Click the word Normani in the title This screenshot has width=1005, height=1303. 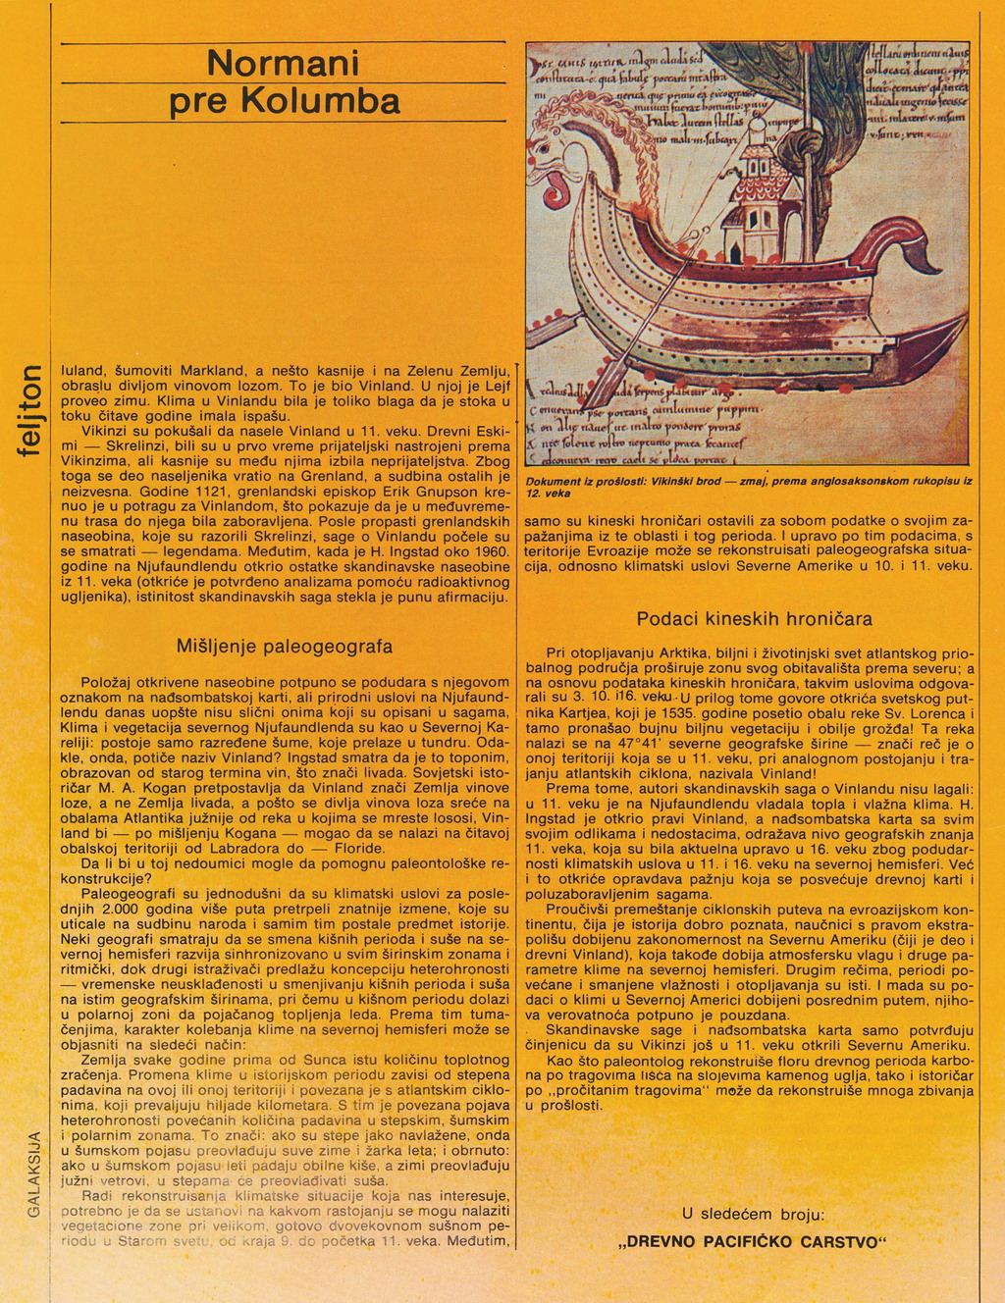pyautogui.click(x=283, y=64)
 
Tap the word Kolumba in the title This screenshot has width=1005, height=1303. pyautogui.click(x=320, y=102)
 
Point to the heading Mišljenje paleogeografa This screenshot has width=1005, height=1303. pyautogui.click(x=285, y=647)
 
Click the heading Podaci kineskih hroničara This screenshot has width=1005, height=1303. pyautogui.click(x=754, y=619)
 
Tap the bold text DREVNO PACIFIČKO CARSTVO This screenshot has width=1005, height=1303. pyautogui.click(x=753, y=1242)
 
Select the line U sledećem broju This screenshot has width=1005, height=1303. pyautogui.click(x=753, y=1214)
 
